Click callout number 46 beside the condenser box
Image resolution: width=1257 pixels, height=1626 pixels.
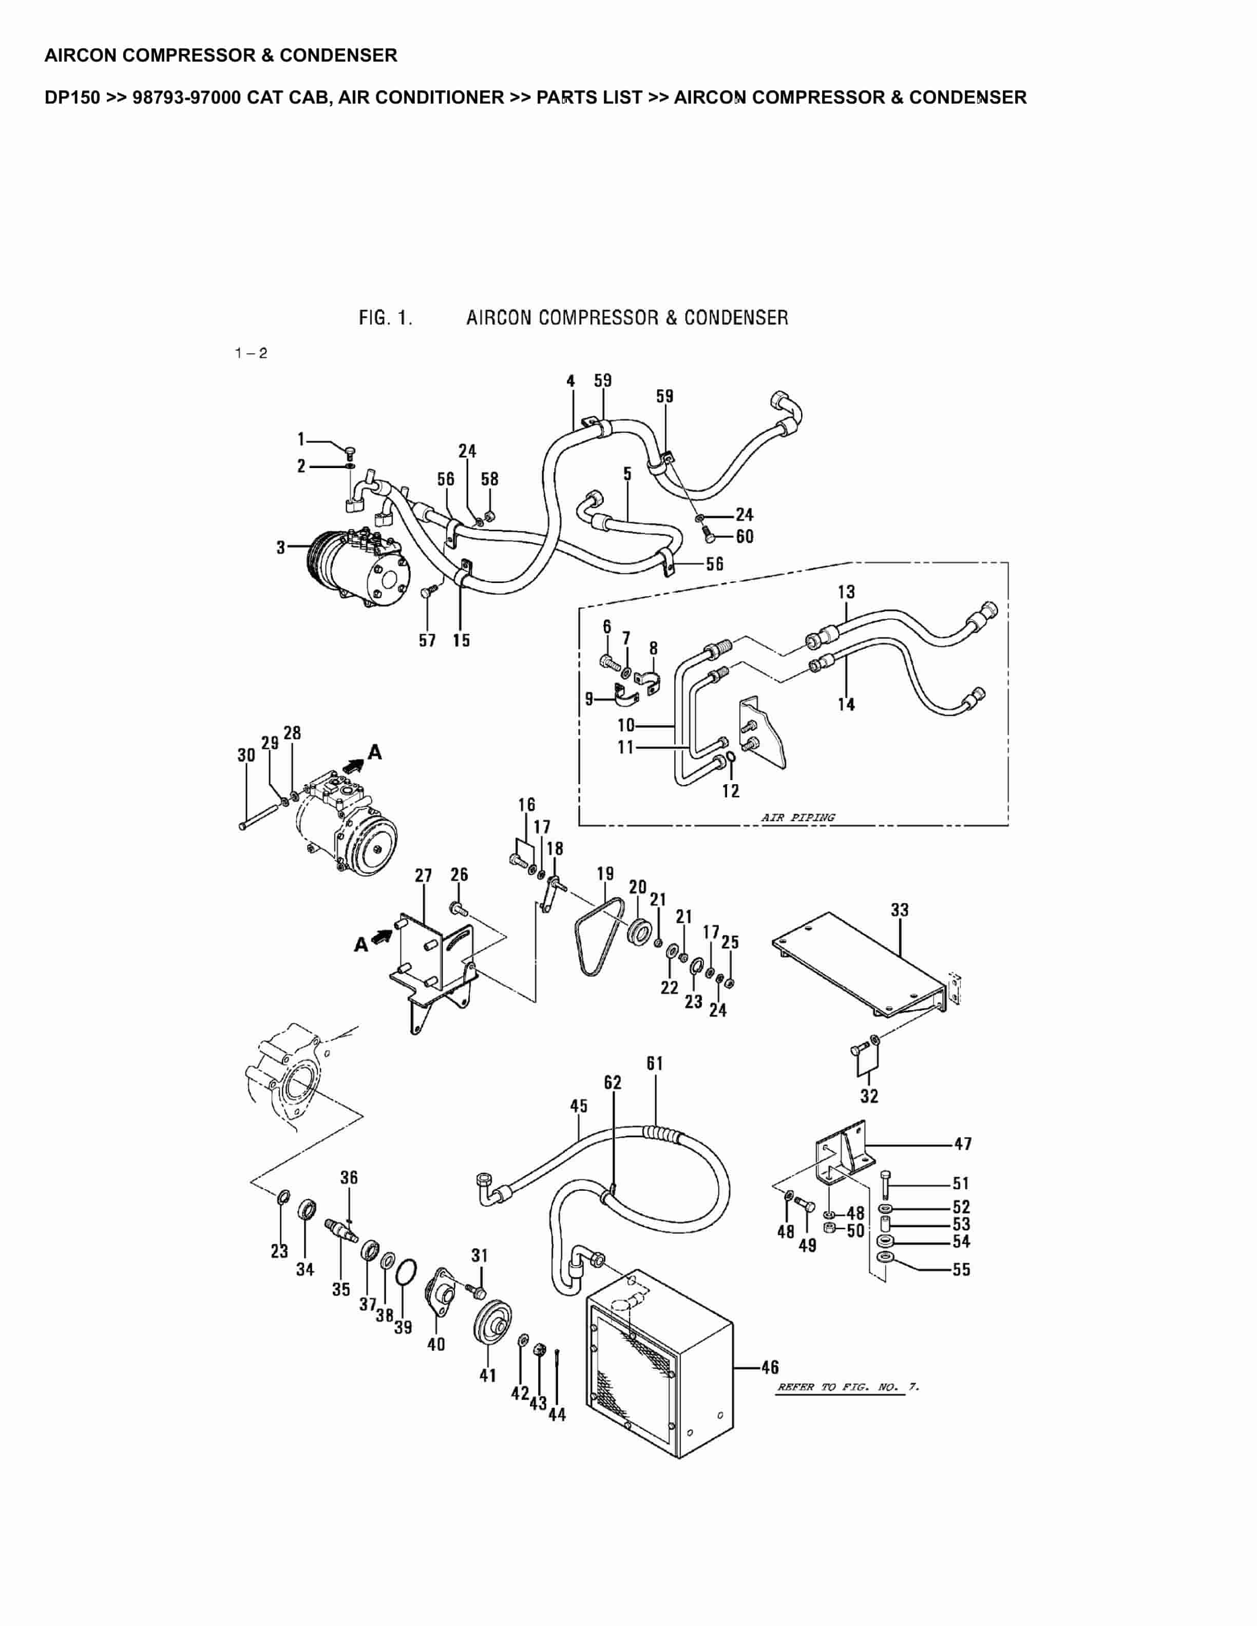click(x=770, y=1367)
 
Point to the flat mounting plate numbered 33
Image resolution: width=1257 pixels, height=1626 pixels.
click(x=856, y=960)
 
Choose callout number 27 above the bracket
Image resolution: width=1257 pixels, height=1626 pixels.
click(x=423, y=876)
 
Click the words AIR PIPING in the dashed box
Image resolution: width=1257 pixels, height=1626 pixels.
click(x=797, y=818)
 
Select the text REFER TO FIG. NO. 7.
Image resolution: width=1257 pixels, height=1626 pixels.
click(x=847, y=1387)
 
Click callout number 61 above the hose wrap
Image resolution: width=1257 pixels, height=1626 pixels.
click(x=655, y=1064)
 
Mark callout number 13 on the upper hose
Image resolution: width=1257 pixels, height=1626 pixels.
click(x=846, y=592)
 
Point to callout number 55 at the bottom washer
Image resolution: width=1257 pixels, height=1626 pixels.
click(x=961, y=1269)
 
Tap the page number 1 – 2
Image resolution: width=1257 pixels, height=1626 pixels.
click(x=251, y=353)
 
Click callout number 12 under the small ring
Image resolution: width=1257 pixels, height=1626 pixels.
click(x=731, y=790)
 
